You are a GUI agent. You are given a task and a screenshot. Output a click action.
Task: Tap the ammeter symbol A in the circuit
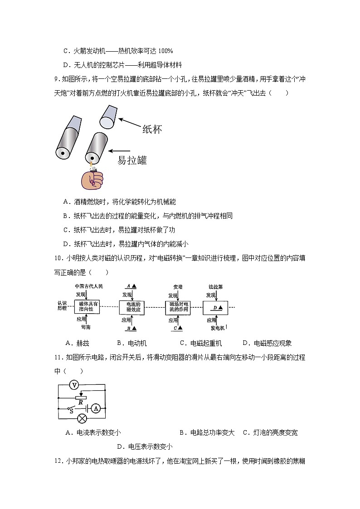pyautogui.click(x=96, y=408)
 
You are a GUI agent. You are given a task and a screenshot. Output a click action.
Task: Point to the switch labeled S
pyautogui.click(x=71, y=409)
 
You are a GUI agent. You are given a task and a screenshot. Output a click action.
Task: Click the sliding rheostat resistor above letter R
pyautogui.click(x=81, y=396)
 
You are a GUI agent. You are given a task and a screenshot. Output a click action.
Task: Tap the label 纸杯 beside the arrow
pyautogui.click(x=152, y=129)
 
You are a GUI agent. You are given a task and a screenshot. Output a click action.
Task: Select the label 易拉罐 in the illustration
pyautogui.click(x=132, y=160)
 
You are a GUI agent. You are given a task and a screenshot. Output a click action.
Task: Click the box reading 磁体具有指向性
pyautogui.click(x=86, y=307)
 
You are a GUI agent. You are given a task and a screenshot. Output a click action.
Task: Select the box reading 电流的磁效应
pyautogui.click(x=132, y=307)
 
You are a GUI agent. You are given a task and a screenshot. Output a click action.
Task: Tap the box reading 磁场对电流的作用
pyautogui.click(x=178, y=307)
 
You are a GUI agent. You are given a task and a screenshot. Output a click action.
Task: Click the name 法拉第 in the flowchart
pyautogui.click(x=215, y=287)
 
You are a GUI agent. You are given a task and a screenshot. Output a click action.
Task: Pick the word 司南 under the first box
pyautogui.click(x=86, y=327)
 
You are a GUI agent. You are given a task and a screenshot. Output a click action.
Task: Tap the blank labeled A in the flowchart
pyautogui.click(x=131, y=286)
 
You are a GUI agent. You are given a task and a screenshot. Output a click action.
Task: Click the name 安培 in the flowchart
pyautogui.click(x=178, y=287)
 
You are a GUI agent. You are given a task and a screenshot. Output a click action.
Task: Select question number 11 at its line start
pyautogui.click(x=58, y=358)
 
